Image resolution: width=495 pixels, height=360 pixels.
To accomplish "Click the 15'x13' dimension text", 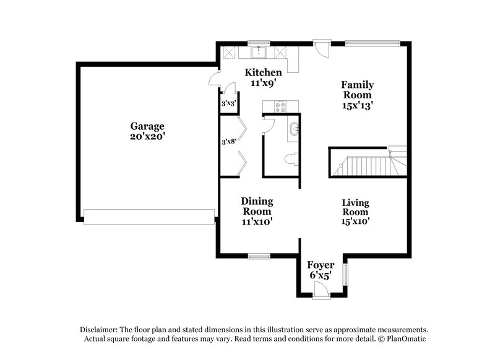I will pos(358,106).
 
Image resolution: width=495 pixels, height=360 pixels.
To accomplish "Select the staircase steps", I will pos(366,166).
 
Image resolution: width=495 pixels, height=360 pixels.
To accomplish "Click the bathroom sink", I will pos(293,130).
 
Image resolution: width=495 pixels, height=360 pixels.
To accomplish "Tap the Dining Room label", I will pos(257,206).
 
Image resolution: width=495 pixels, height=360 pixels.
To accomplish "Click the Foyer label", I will pos(321,266).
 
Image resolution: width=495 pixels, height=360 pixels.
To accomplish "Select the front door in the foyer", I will pos(321,290).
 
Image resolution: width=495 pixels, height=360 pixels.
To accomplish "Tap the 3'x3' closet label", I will pos(228,103).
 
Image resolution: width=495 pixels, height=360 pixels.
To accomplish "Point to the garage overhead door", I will pos(149,216).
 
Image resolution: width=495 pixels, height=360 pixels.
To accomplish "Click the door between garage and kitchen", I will pos(213,79).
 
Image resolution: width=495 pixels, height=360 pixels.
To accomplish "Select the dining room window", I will pos(257,255).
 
